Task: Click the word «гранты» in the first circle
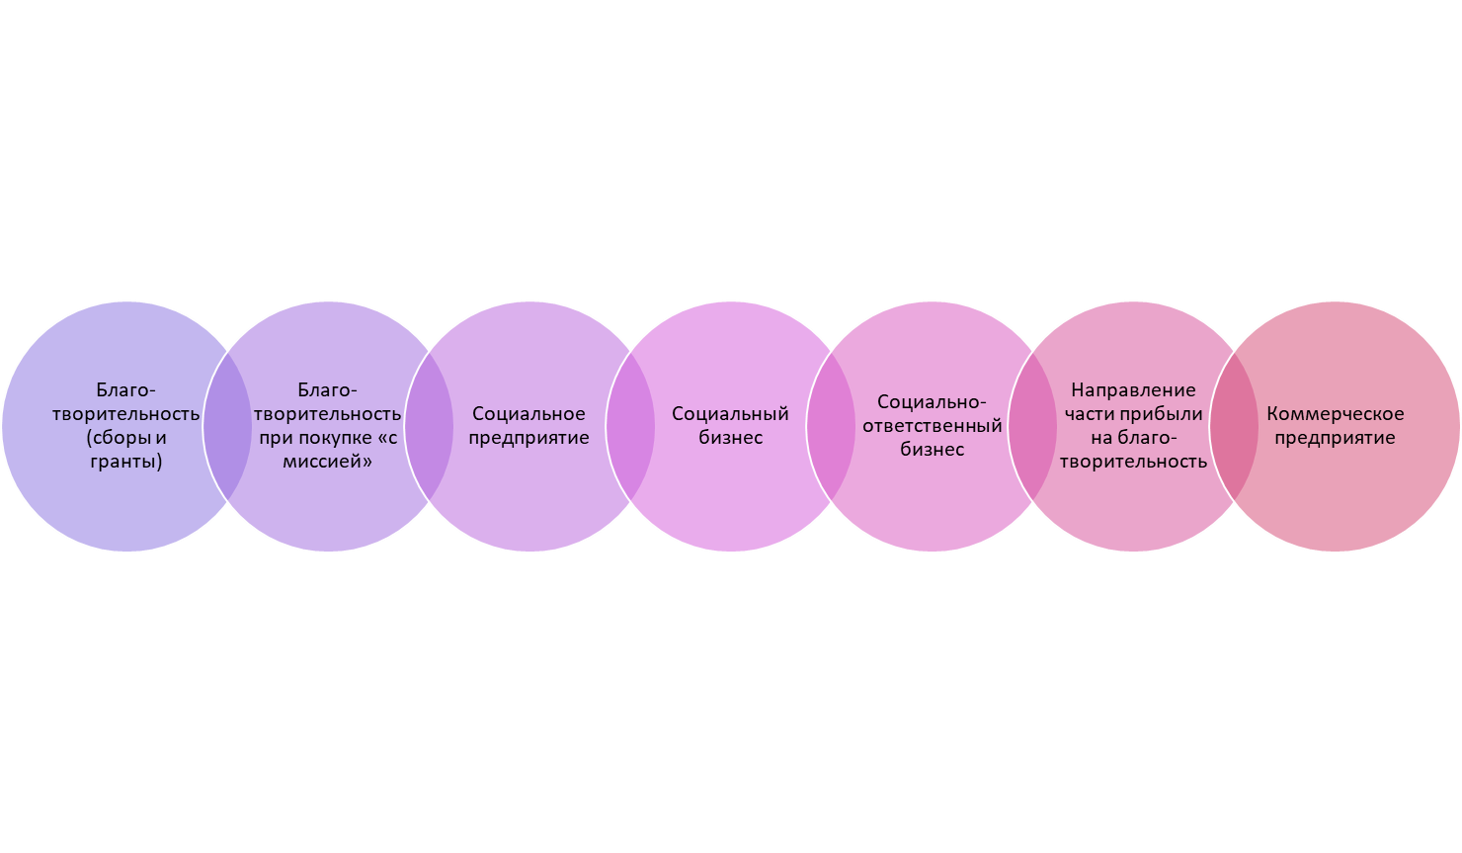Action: point(125,462)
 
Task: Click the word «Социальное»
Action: point(528,414)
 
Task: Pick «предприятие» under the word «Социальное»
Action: point(528,438)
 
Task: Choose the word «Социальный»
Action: point(730,414)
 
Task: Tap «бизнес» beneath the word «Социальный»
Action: point(730,438)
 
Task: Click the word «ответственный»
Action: point(932,426)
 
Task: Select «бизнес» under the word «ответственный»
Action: point(932,450)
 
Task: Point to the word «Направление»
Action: point(1133,390)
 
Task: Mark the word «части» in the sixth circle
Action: point(1090,414)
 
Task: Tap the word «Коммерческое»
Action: point(1335,414)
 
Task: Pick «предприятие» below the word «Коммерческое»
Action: point(1335,438)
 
